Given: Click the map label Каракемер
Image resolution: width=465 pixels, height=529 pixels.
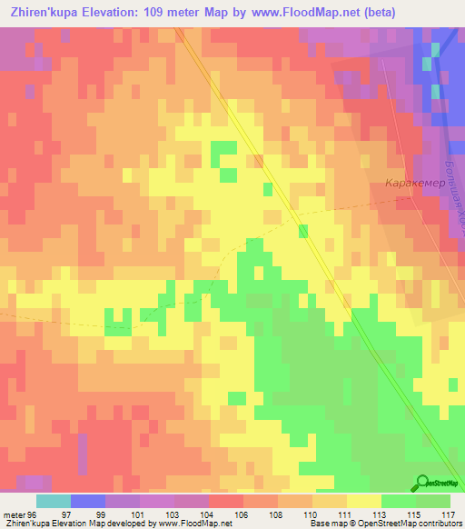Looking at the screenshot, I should pos(413,183).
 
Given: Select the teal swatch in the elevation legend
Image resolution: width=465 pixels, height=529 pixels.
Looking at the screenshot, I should pos(54,501).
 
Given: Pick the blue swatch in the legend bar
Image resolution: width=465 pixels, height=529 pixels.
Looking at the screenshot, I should pos(88,501).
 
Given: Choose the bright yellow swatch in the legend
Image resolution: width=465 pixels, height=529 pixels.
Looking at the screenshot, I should pos(363,501).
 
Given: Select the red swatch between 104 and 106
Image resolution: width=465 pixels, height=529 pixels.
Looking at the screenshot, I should pos(226,501).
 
